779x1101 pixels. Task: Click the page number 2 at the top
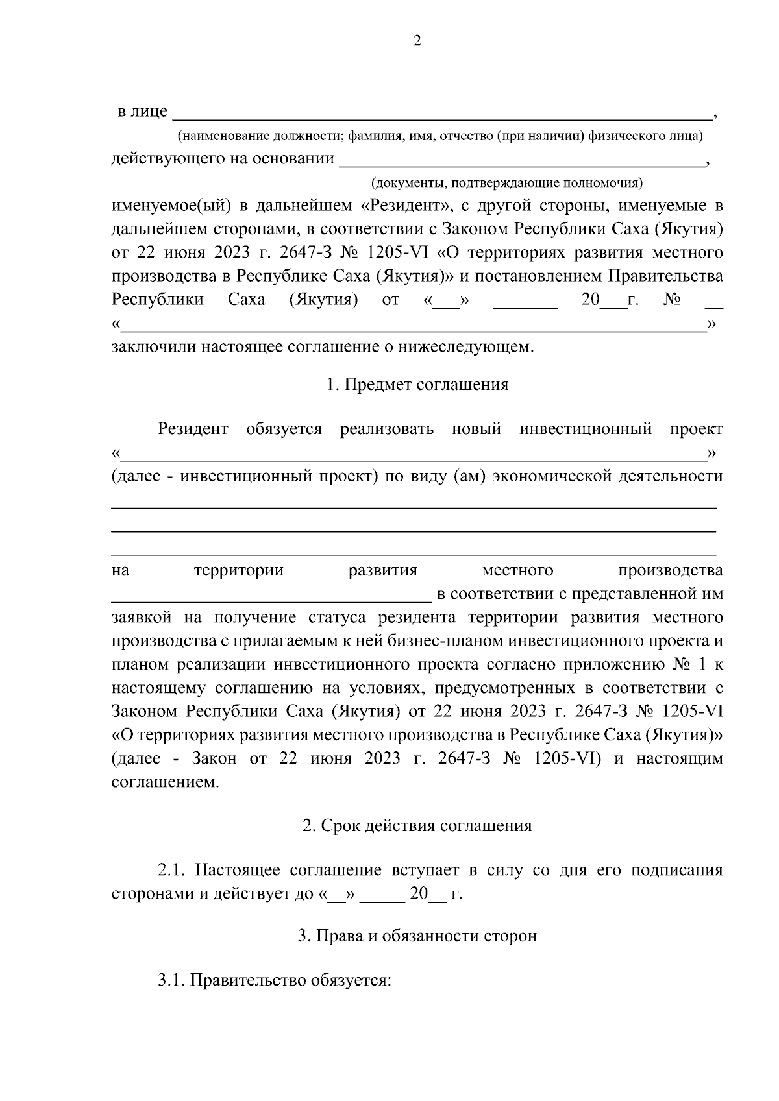(x=417, y=41)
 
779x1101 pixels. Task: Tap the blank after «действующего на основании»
(x=522, y=160)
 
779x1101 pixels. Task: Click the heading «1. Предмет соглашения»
(x=417, y=384)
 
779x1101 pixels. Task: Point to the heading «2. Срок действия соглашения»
(x=417, y=825)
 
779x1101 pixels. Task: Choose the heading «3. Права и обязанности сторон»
(x=417, y=936)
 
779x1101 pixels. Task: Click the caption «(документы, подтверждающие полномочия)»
(x=506, y=182)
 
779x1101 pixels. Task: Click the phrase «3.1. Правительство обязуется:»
(x=275, y=980)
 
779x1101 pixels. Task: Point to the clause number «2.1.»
(x=172, y=869)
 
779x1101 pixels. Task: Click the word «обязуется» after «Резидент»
(x=284, y=429)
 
